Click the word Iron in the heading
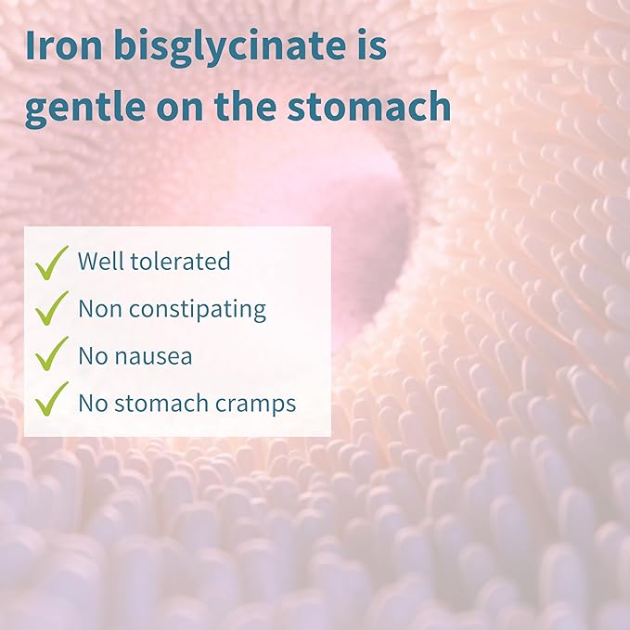[x=64, y=46]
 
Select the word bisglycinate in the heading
[x=227, y=46]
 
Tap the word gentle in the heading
[x=82, y=109]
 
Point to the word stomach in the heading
[x=379, y=109]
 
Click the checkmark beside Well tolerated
[x=52, y=262]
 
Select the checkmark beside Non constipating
[x=52, y=308]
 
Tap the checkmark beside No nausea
[x=52, y=354]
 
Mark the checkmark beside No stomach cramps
[x=52, y=400]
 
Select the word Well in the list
[x=99, y=262]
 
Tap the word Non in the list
[x=97, y=309]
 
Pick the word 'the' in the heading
[x=252, y=109]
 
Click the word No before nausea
[x=93, y=355]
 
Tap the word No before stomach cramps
[x=93, y=403]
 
